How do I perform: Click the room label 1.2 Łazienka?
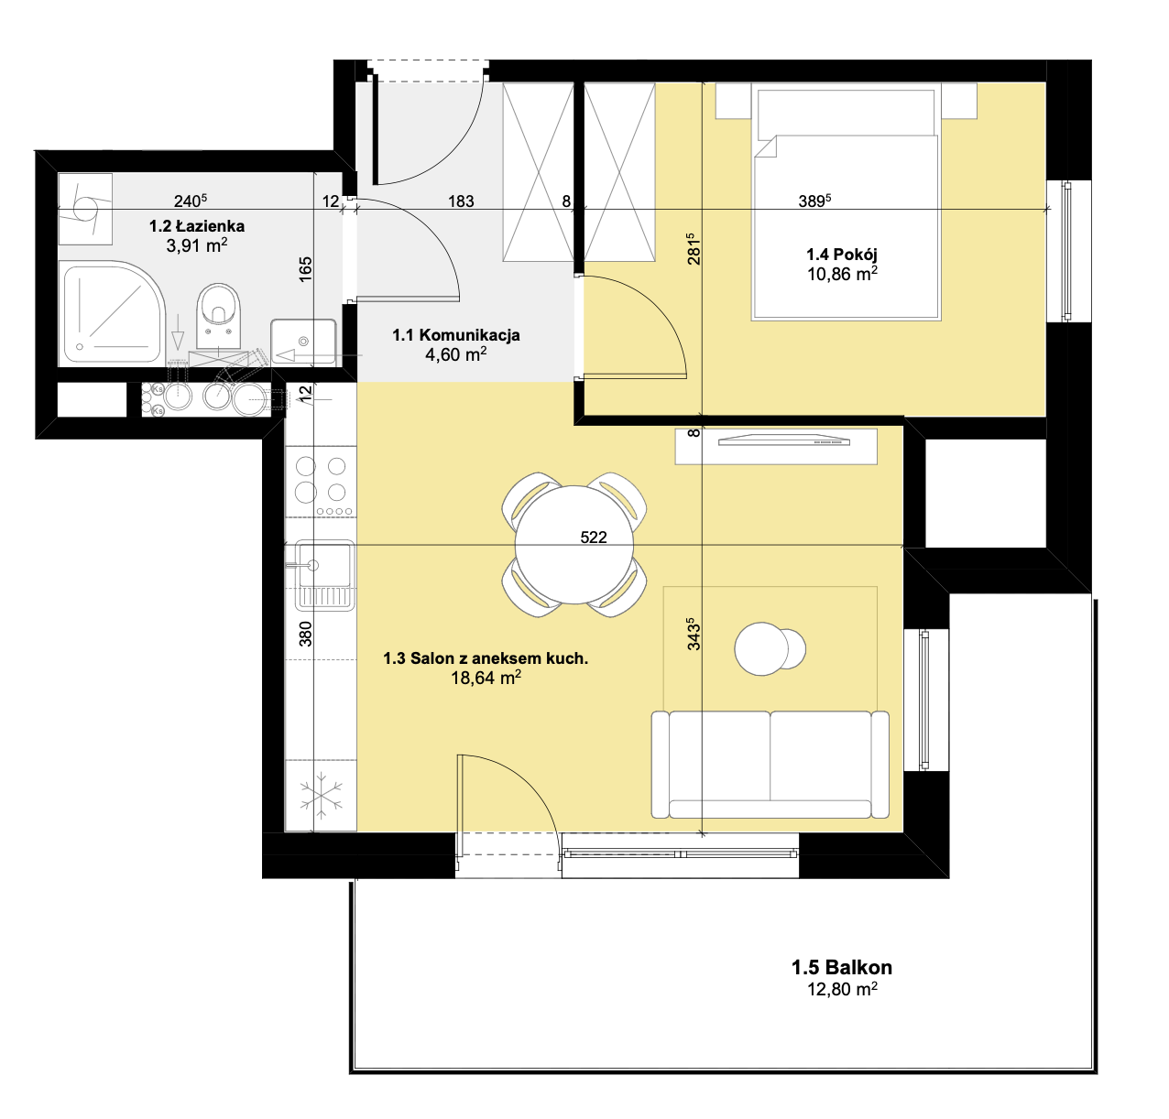tap(197, 226)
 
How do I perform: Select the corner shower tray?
tap(113, 313)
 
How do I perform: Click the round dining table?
tap(574, 545)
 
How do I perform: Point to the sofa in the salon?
tap(770, 765)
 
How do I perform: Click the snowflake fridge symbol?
tap(322, 799)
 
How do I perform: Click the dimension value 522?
tap(594, 538)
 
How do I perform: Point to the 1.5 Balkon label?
tap(842, 967)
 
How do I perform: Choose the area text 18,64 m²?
tap(486, 678)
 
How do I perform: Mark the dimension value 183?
tap(461, 201)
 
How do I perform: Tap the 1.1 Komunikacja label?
tap(456, 335)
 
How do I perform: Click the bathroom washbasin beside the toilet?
tap(303, 342)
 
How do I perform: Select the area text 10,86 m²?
tap(842, 275)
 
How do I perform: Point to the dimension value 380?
tap(306, 634)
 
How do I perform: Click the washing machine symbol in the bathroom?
tap(86, 209)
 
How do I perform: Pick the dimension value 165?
tap(306, 269)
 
